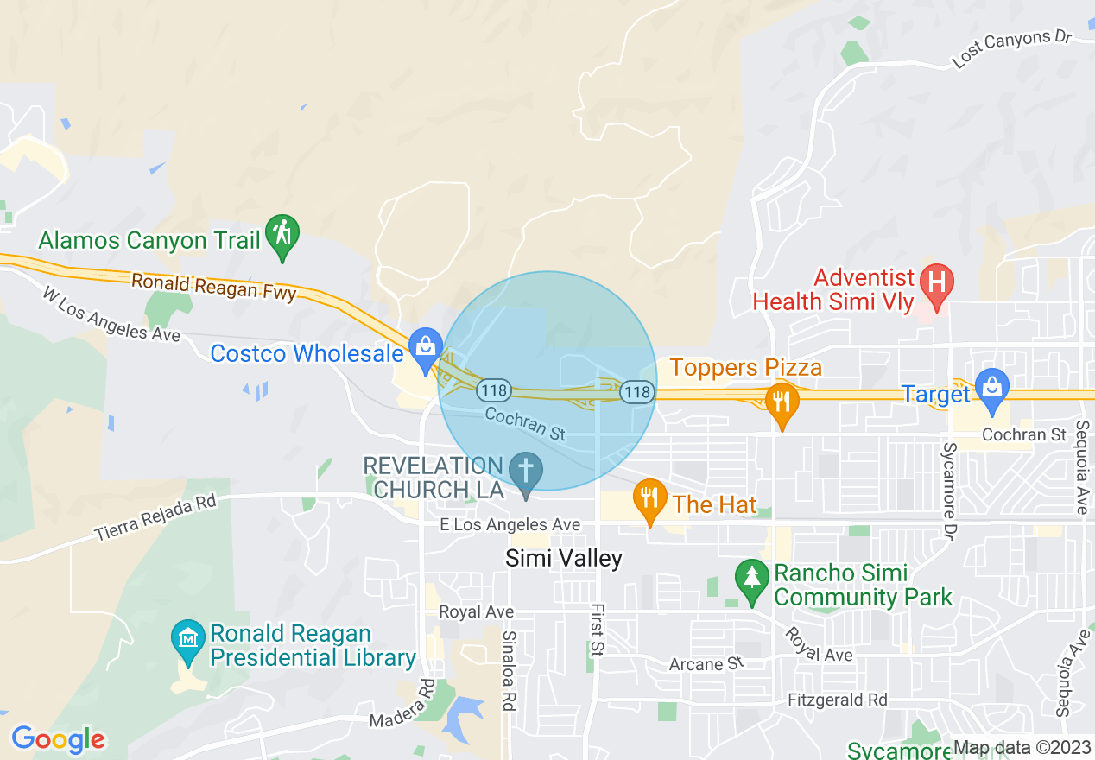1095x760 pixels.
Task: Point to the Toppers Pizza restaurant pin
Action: (782, 402)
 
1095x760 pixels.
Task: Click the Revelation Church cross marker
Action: (526, 472)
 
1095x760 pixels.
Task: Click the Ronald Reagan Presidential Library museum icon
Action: (188, 639)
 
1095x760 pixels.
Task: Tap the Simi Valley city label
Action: (564, 559)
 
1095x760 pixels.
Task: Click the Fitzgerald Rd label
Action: (837, 700)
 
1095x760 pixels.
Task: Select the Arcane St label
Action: (706, 664)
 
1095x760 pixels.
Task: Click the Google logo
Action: (58, 739)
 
